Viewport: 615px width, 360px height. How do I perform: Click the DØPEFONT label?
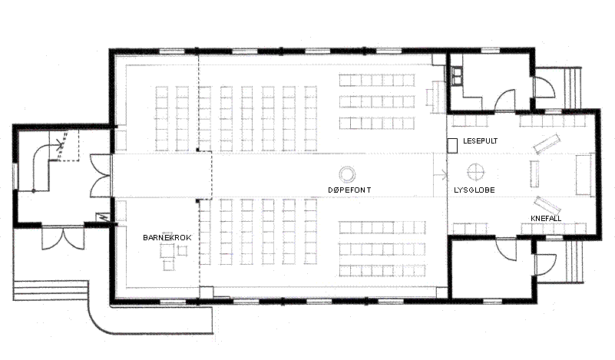pos(349,190)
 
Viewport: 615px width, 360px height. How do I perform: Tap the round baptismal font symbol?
pos(347,173)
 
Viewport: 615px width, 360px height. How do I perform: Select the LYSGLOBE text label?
pos(474,190)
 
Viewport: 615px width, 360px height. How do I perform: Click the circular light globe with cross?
pos(476,172)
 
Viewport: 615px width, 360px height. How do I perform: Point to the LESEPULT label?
pos(481,140)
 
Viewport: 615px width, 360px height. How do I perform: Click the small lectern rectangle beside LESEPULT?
pos(453,146)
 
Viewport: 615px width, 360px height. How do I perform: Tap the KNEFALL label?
pos(546,218)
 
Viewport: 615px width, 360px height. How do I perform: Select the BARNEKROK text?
pos(167,237)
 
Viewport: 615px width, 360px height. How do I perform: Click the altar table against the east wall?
pos(584,174)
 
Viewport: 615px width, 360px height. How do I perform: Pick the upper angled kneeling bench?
pos(547,144)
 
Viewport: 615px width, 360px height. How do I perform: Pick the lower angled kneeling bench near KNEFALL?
pos(547,205)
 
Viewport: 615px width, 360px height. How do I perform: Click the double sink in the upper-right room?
pos(457,76)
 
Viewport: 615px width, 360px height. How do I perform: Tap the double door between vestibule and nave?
pos(101,175)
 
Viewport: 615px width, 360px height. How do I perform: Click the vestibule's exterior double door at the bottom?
pos(63,238)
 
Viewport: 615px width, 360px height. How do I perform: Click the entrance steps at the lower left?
pos(50,290)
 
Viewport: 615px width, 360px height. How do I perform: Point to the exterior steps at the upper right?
pos(573,87)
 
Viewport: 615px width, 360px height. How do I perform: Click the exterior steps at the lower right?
pos(574,261)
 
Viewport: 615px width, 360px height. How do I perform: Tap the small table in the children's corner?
pos(167,251)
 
